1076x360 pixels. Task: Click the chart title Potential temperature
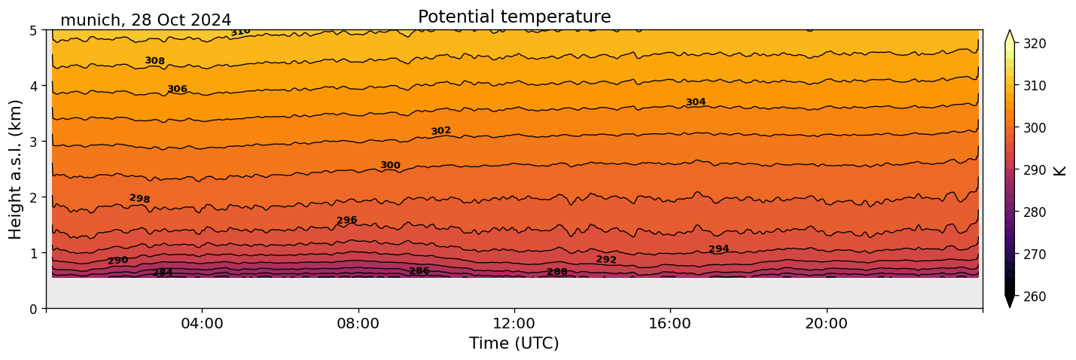514,17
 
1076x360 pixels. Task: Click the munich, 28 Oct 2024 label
145,20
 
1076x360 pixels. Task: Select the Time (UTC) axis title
514,343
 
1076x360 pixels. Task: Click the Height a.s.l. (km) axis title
16,169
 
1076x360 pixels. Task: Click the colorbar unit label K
1061,170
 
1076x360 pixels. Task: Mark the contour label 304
695,102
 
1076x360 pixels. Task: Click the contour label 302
440,131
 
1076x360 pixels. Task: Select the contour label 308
154,61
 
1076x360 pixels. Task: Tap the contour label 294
718,249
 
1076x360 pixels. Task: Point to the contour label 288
557,272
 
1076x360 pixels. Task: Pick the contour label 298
139,199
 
